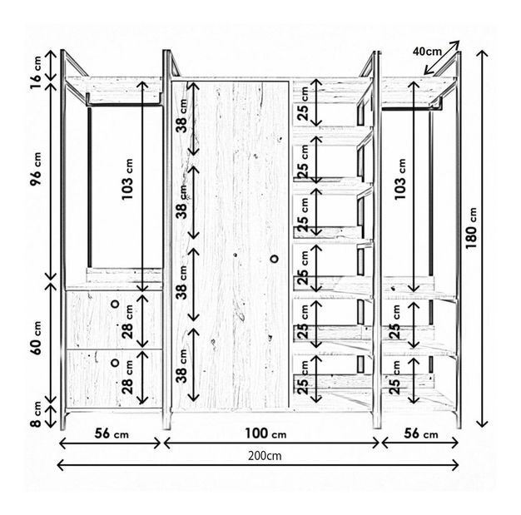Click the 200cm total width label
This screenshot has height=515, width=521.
[265, 456]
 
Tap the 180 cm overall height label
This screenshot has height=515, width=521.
[472, 228]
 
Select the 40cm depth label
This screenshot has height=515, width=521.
[427, 52]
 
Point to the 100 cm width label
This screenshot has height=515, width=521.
[265, 433]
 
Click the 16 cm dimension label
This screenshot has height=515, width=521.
[36, 72]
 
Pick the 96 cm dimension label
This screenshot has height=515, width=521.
[36, 170]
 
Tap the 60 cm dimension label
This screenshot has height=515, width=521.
[36, 338]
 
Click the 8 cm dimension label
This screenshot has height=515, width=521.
[36, 414]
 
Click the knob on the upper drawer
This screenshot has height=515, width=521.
[115, 304]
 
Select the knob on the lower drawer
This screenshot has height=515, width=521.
[115, 363]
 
